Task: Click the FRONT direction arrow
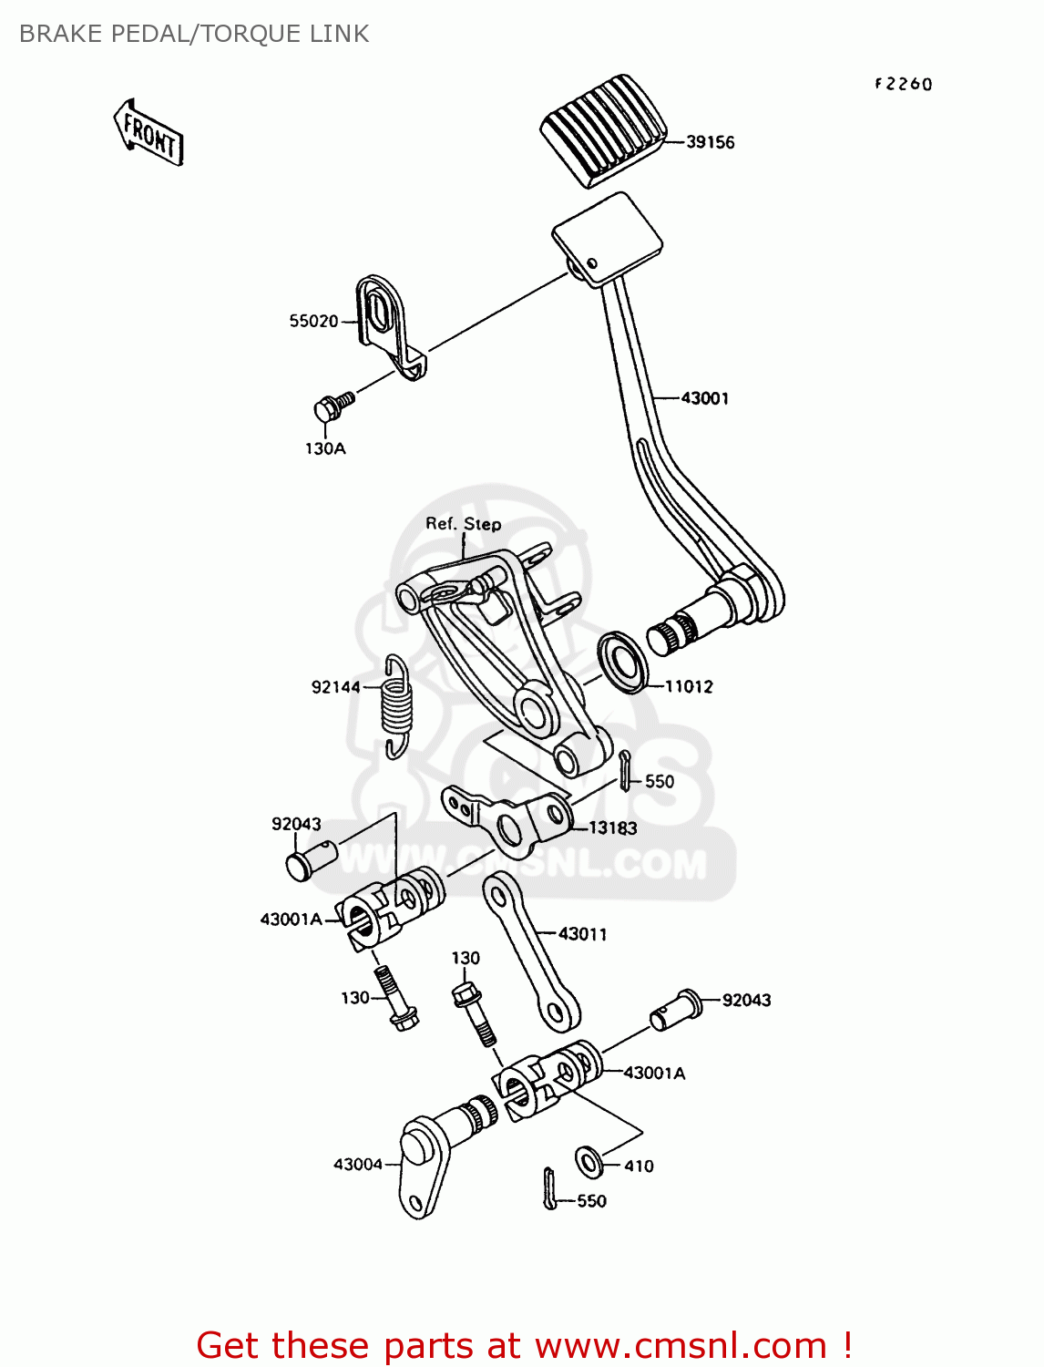coord(149,134)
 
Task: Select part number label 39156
coord(710,142)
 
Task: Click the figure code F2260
coord(903,84)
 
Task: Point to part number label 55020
coord(313,321)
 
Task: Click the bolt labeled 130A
coord(333,406)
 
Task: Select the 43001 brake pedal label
coord(704,398)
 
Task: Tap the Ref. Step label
coord(463,524)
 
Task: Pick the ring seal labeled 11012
coord(623,661)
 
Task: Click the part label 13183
coord(612,827)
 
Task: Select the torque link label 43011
coord(582,934)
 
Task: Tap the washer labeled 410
coord(589,1162)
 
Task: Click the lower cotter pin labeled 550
coord(549,1189)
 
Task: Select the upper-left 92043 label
coord(296,824)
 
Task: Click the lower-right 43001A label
coord(654,1074)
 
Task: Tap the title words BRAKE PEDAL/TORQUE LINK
coord(194,34)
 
